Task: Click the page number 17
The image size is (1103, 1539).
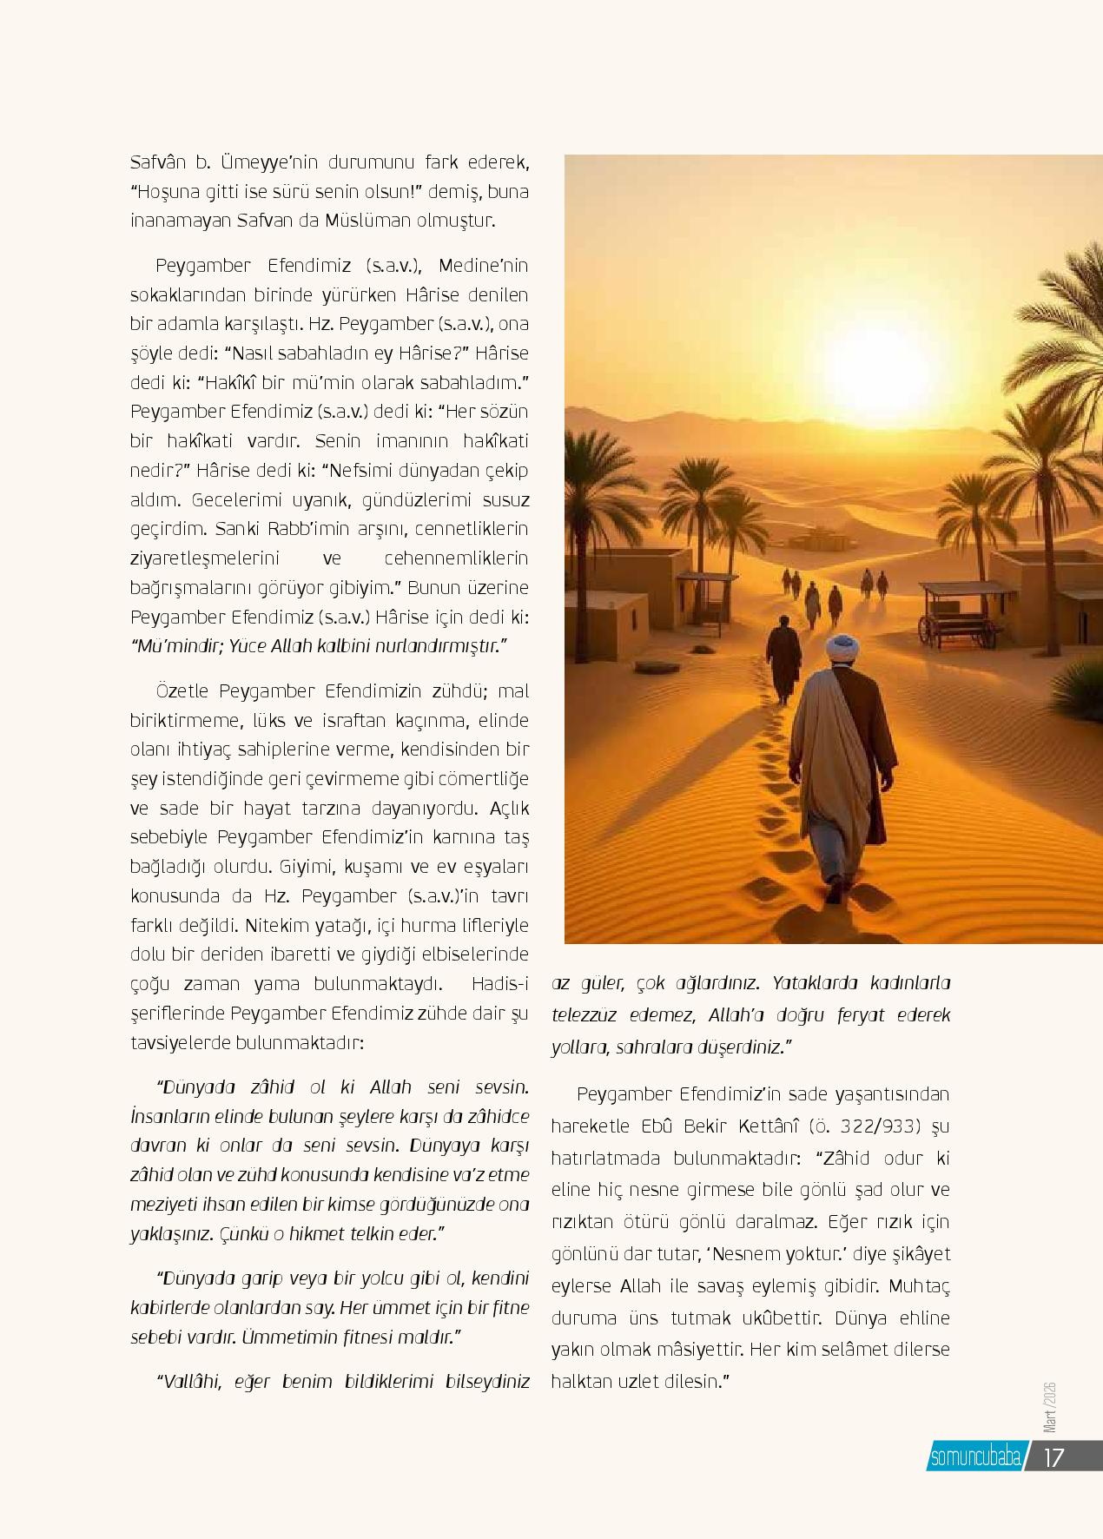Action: click(1053, 1456)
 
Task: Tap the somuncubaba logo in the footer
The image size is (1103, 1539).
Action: click(974, 1456)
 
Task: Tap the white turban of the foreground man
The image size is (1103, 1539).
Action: click(841, 648)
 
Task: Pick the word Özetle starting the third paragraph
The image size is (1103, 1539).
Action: click(182, 691)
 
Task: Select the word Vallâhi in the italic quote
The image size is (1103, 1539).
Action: click(189, 1381)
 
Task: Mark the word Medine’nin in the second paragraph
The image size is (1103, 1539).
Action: click(483, 265)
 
